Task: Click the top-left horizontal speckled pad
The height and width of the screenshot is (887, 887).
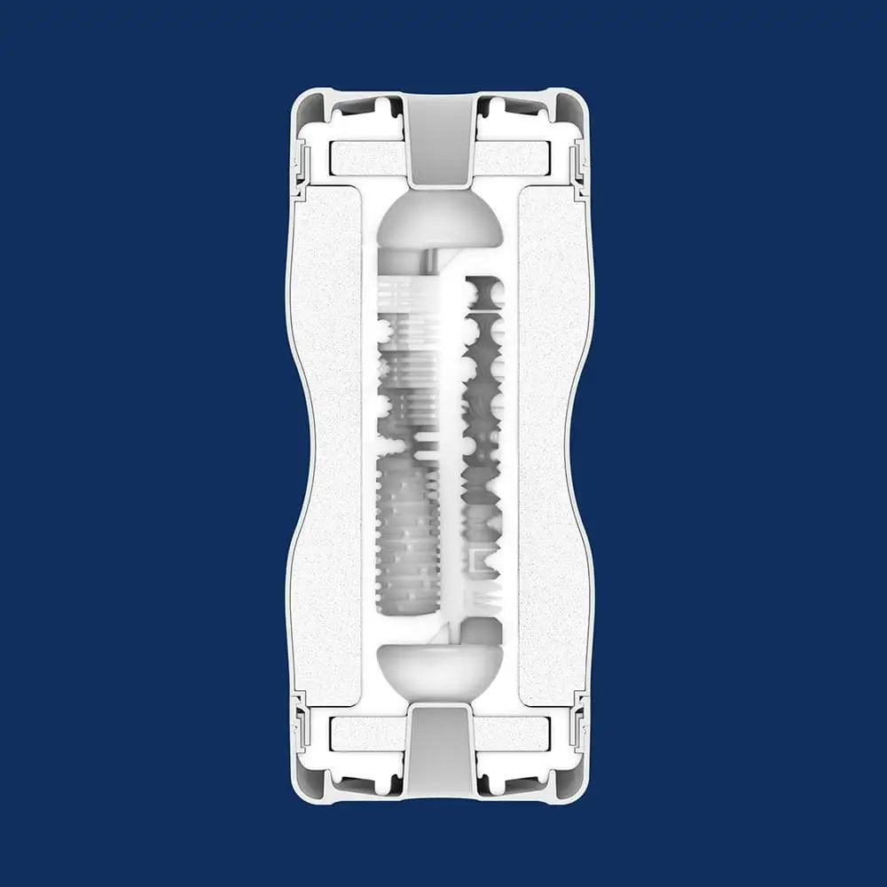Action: tap(365, 159)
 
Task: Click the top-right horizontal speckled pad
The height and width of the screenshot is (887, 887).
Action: tap(514, 159)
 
